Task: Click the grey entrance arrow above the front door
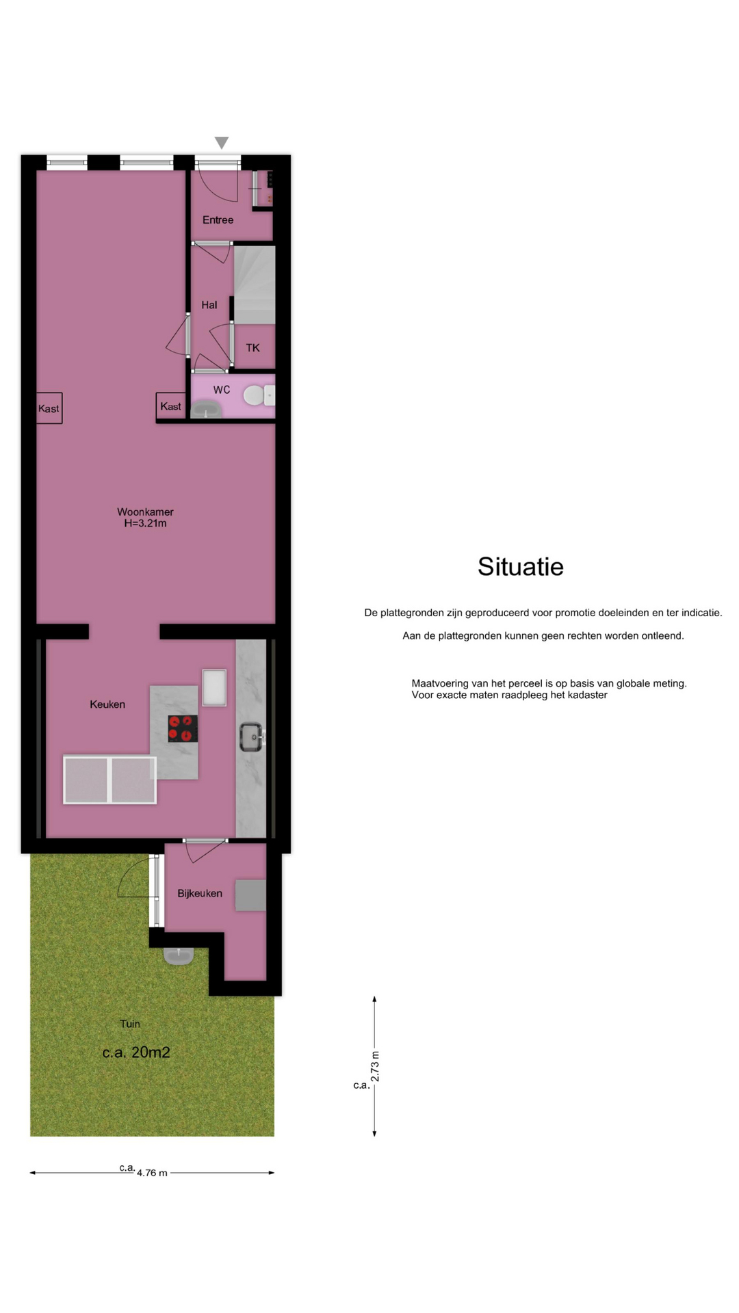pos(221,142)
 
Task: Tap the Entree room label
pos(218,220)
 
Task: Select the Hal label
pos(209,305)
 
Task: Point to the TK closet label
pos(253,348)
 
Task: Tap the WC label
pos(222,390)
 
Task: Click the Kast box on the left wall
pos(49,408)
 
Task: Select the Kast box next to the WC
pos(171,406)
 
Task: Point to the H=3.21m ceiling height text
pos(145,524)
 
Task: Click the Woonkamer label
pos(145,512)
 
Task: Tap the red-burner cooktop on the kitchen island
pos(183,728)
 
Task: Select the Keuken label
pos(107,704)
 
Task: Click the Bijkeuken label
pos(200,893)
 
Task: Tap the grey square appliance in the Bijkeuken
pos(250,895)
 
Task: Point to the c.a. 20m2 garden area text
pos(136,1052)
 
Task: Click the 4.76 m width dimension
pos(152,1173)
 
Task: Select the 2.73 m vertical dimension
pos(375,1066)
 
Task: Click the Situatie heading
pos(521,567)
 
